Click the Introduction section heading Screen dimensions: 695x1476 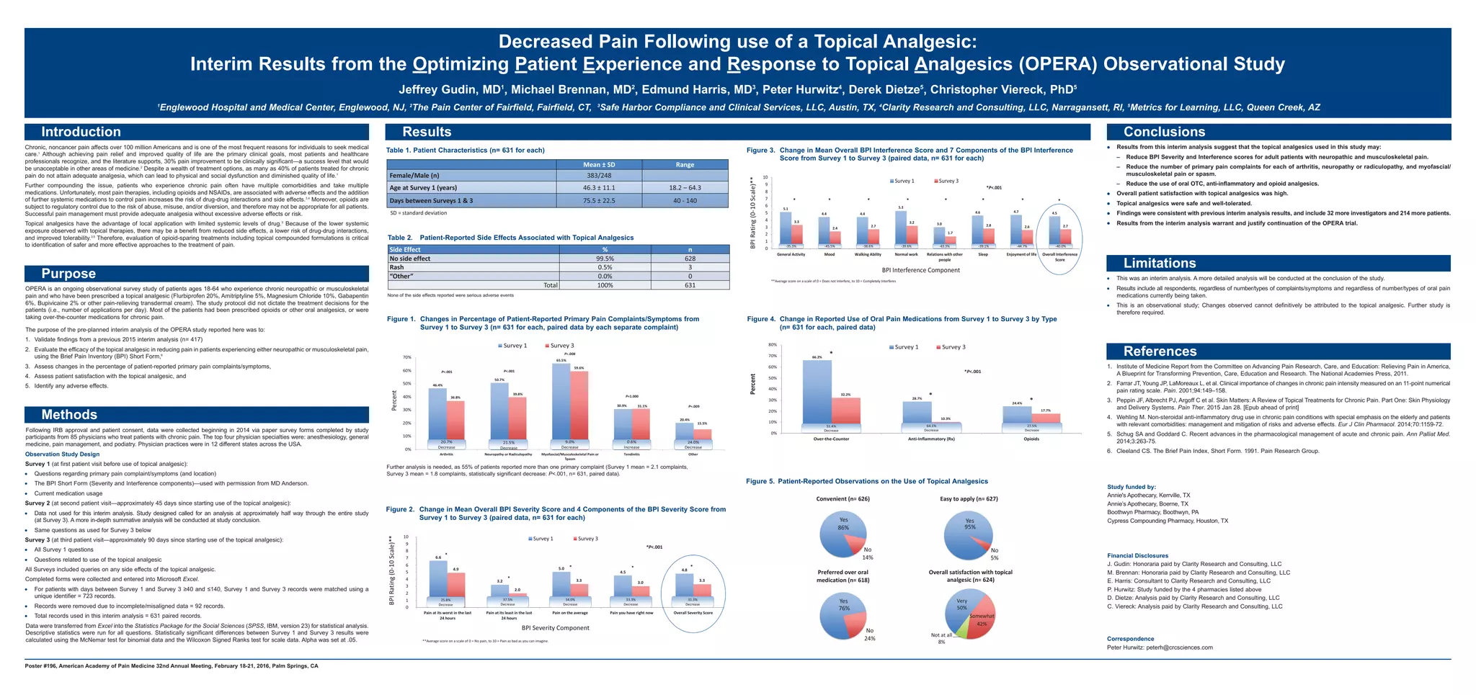click(x=81, y=132)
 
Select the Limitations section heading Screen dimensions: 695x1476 click(x=1160, y=264)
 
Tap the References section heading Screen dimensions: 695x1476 click(x=1160, y=351)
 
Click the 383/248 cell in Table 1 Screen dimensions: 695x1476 click(x=598, y=175)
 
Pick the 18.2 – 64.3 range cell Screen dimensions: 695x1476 click(x=685, y=188)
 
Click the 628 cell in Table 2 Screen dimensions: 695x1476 click(x=690, y=259)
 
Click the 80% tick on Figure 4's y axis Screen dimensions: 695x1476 click(x=773, y=345)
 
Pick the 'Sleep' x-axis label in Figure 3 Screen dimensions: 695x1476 click(x=983, y=254)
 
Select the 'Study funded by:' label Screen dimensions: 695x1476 click(x=1131, y=487)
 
